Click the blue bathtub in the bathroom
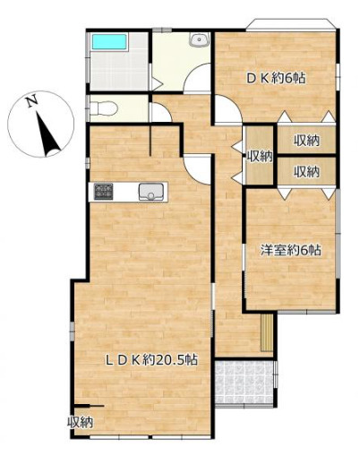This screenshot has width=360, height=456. pyautogui.click(x=109, y=41)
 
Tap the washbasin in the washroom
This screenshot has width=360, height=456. pyautogui.click(x=198, y=39)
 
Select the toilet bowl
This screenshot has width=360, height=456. pyautogui.click(x=103, y=108)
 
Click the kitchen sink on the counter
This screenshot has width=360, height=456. pyautogui.click(x=150, y=192)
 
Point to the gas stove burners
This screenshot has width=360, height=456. pyautogui.click(x=104, y=192)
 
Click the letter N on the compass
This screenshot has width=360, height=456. pyautogui.click(x=31, y=101)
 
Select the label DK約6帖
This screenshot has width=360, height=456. pyautogui.click(x=276, y=79)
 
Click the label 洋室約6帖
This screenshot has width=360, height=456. pyautogui.click(x=291, y=250)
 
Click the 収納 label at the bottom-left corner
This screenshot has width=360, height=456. pyautogui.click(x=80, y=422)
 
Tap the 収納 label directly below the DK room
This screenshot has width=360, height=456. pyautogui.click(x=306, y=141)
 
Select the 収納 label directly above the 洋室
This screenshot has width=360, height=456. pyautogui.click(x=306, y=171)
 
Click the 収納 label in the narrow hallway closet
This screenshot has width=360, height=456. pyautogui.click(x=260, y=156)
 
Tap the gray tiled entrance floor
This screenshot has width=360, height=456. pyautogui.click(x=244, y=383)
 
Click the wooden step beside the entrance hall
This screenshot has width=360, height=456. pyautogui.click(x=267, y=332)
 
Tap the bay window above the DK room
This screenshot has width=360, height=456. pyautogui.click(x=291, y=24)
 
